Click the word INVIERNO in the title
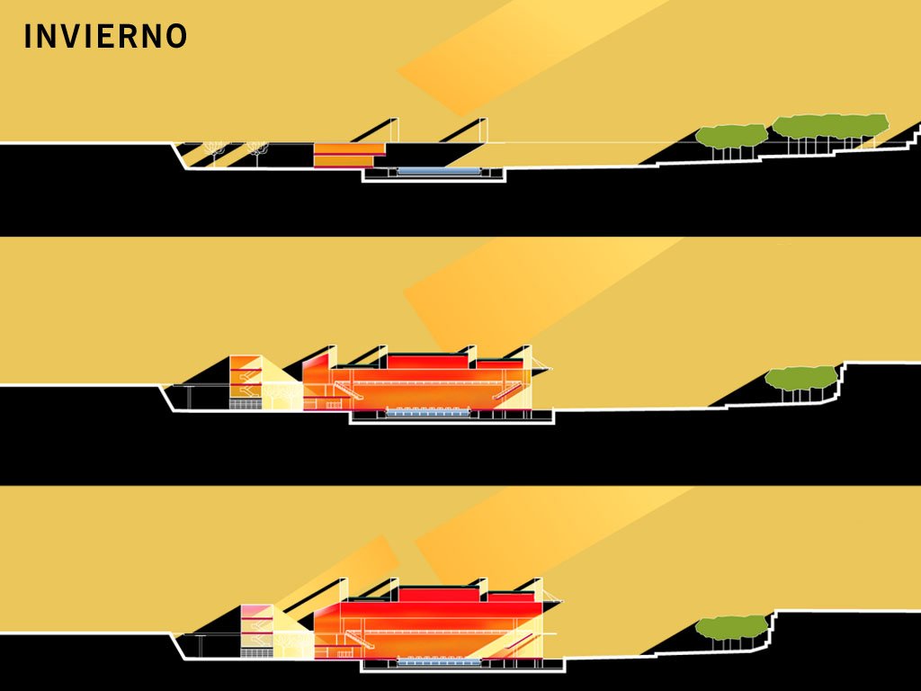(105, 36)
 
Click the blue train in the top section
(438, 171)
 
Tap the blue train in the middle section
(430, 411)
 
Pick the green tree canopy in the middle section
(800, 377)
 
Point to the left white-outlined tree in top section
(214, 148)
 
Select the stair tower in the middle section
(245, 381)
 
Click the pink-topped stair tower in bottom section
(256, 626)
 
